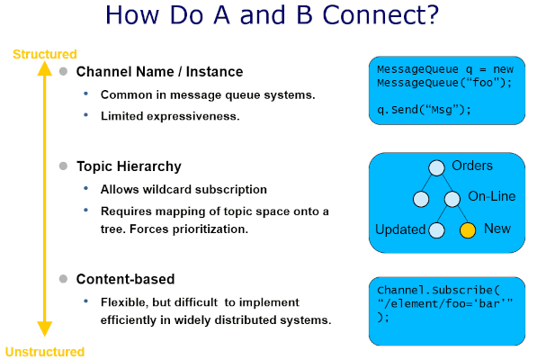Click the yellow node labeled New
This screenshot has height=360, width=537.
(x=468, y=230)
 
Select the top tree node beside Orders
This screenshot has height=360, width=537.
(x=436, y=167)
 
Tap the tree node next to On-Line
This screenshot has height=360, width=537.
(x=452, y=199)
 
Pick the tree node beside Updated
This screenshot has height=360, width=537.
(x=436, y=230)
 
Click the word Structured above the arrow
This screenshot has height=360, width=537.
(x=45, y=54)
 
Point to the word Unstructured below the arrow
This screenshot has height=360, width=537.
(x=45, y=352)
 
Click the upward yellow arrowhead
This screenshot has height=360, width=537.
(x=44, y=68)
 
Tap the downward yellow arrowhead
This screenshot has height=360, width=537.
(x=44, y=328)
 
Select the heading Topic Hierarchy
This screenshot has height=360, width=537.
(x=129, y=166)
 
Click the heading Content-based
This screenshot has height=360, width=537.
(x=125, y=279)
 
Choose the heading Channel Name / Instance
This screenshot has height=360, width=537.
(x=159, y=72)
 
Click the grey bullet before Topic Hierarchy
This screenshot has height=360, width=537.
(x=63, y=166)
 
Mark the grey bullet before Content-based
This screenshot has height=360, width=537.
(x=63, y=279)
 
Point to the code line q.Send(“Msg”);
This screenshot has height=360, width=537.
(x=424, y=110)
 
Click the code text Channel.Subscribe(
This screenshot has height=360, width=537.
(x=438, y=290)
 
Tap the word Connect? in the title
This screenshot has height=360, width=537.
(x=380, y=15)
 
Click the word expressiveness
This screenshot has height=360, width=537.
(x=193, y=117)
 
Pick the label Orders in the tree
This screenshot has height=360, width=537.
(x=472, y=166)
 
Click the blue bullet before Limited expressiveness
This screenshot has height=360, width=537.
(x=86, y=115)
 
